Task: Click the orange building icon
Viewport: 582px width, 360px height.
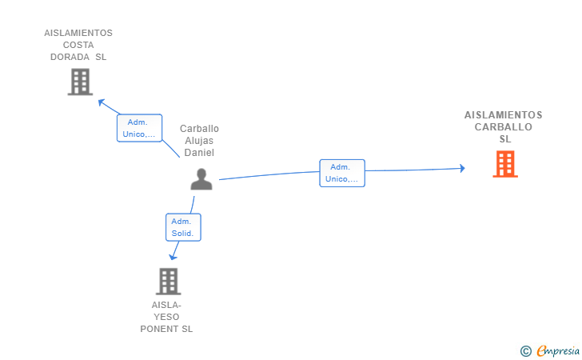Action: coord(505,164)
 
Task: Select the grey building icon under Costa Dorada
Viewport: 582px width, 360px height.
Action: coord(80,82)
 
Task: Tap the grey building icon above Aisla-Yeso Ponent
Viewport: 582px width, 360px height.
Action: coord(169,282)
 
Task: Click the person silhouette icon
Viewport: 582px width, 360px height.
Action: coord(201,179)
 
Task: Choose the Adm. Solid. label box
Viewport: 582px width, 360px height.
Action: coord(183,227)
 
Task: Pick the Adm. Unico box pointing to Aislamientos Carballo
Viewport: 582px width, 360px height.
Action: coord(342,173)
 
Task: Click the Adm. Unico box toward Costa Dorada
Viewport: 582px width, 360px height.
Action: coord(140,128)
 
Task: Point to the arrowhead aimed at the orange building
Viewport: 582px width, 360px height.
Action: coord(462,168)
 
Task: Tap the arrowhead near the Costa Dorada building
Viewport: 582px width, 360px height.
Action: coord(101,102)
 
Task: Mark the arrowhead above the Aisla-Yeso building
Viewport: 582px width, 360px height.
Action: coord(173,257)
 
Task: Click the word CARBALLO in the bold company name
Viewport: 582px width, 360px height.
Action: coord(504,127)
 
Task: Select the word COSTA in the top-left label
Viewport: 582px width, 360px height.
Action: coord(78,45)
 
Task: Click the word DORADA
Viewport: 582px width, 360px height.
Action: coord(70,57)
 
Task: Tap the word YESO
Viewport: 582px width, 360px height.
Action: coord(166,317)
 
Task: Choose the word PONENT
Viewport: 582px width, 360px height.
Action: coord(160,329)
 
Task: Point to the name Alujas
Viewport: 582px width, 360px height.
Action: coord(199,141)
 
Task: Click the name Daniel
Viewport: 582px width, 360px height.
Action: coord(199,153)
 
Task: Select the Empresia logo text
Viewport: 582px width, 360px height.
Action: coord(558,350)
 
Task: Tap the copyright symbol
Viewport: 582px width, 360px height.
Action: coord(526,351)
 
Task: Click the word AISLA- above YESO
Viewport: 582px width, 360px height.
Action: coord(166,305)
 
